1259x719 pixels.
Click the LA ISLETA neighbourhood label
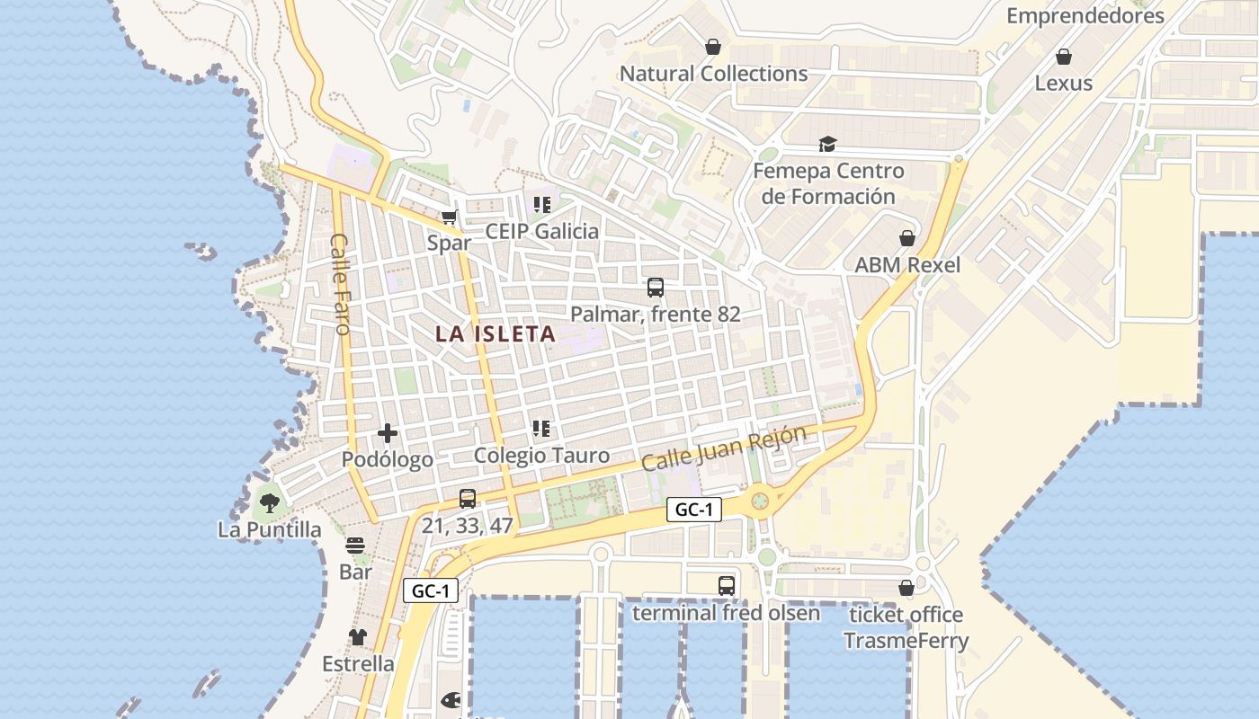[496, 334]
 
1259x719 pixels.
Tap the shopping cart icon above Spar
[450, 216]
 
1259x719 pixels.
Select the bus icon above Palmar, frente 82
[656, 288]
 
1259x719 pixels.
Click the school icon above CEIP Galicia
[541, 205]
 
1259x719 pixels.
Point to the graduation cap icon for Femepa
[827, 144]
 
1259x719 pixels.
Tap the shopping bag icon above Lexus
[1064, 57]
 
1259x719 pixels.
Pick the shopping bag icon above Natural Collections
[713, 47]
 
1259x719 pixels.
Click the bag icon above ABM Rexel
[907, 238]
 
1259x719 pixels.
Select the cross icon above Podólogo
[388, 433]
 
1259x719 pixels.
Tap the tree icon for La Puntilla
[269, 502]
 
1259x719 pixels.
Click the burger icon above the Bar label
[355, 546]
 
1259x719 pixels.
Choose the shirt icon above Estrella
[358, 637]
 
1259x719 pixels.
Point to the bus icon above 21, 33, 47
[468, 498]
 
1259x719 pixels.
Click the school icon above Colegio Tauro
[541, 429]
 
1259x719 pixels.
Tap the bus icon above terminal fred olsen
[727, 586]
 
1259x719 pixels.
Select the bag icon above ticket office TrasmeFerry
[906, 588]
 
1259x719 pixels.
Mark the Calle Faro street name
[341, 283]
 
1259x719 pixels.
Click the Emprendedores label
[1085, 16]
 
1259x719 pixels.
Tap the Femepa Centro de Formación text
[828, 183]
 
